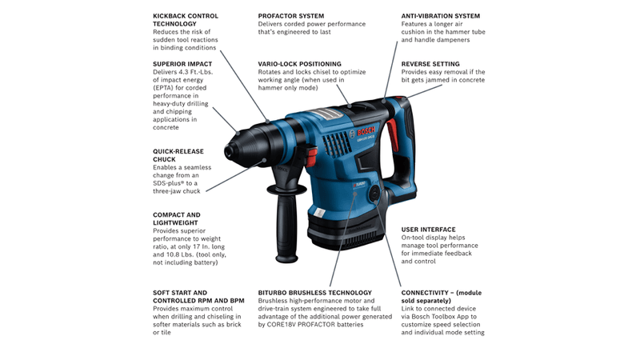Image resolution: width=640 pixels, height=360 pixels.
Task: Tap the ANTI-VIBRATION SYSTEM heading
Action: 440,15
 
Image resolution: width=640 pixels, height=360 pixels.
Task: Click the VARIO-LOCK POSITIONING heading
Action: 299,63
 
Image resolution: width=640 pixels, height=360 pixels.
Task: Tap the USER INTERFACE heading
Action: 429,230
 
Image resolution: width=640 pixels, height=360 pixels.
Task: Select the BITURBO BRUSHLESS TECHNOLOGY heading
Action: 315,293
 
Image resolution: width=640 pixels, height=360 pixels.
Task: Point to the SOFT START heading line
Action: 180,293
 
